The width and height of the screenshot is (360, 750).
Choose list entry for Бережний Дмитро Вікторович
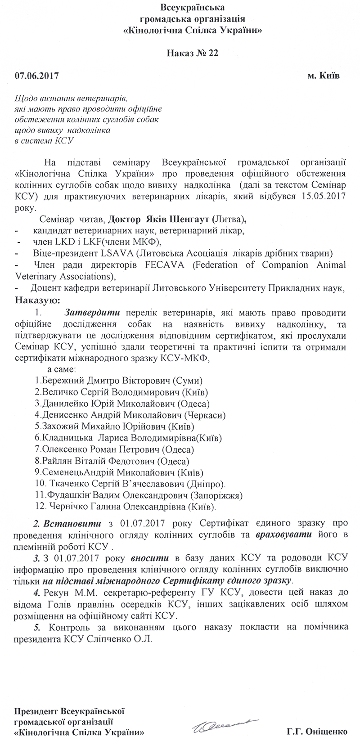(x=119, y=380)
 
